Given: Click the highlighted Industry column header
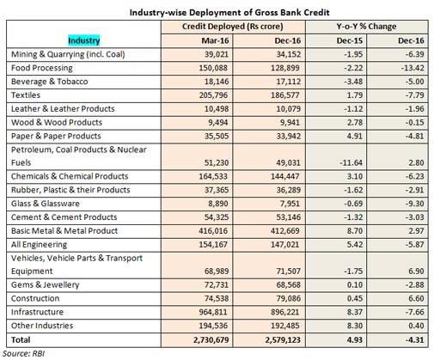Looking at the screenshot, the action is coord(84,40).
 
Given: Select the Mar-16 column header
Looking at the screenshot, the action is coord(215,40).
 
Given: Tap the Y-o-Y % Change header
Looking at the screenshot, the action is coord(366,27).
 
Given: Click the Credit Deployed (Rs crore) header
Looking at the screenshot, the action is coord(233,27).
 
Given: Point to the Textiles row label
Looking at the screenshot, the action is coord(26,95).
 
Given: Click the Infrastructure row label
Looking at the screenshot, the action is coord(37,312).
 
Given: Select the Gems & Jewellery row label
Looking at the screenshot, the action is coord(45,284).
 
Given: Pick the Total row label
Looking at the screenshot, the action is coord(21,339).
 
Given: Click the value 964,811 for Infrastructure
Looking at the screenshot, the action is coord(213,312).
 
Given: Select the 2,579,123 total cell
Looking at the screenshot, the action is coord(283,339).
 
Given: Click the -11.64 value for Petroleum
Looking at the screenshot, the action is coord(351,162).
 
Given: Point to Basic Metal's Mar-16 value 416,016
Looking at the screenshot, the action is coord(213,231).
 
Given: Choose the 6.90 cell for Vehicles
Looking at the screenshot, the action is coord(416,271).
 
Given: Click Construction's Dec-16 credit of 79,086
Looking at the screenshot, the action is coord(288,298).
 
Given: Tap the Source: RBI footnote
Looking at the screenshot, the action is coord(23,353).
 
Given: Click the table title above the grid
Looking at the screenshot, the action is coord(229,13).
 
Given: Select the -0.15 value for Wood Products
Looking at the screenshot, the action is coord(414,122).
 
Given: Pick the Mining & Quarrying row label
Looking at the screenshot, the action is coord(68,54).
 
